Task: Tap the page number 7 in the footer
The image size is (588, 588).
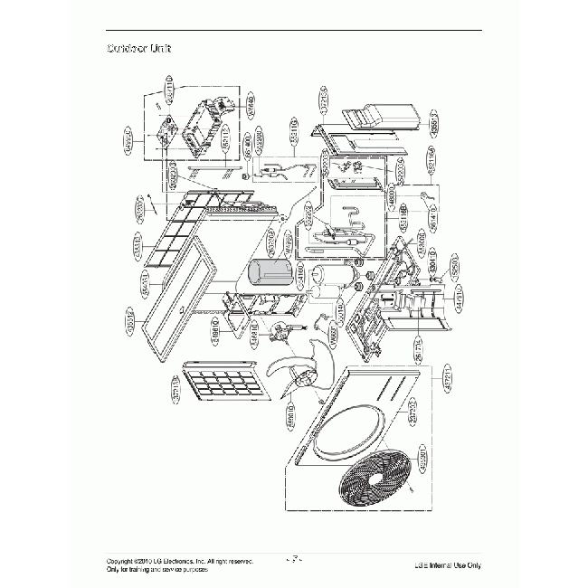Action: (294, 559)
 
